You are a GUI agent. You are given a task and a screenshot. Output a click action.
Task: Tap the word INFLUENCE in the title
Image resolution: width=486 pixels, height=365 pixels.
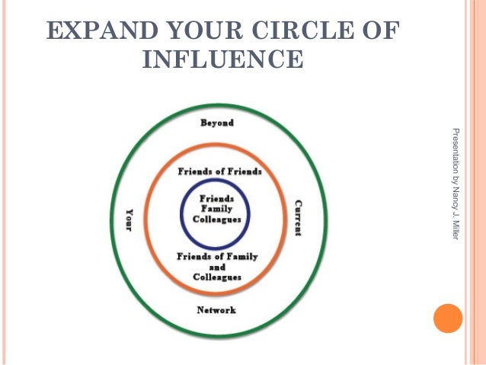(222, 58)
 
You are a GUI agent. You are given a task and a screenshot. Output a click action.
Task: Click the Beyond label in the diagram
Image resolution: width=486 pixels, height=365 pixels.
(216, 123)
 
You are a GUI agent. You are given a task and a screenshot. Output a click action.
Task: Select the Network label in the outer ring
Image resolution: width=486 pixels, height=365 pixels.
(216, 310)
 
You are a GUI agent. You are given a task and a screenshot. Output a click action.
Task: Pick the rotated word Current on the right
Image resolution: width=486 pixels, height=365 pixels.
(298, 217)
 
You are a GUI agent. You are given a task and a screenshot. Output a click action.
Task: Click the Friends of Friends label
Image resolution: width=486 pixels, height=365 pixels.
(219, 171)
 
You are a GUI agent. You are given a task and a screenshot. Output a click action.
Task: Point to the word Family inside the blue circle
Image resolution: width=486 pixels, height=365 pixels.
(216, 208)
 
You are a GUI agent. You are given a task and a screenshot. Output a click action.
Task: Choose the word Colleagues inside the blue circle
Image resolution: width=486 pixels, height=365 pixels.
(216, 219)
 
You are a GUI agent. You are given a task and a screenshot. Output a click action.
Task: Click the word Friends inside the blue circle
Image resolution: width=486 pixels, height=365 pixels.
(216, 197)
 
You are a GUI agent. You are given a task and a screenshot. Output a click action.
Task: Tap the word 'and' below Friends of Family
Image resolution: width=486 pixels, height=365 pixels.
(216, 267)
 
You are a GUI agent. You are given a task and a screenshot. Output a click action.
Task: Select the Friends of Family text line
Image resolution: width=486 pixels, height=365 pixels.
(218, 257)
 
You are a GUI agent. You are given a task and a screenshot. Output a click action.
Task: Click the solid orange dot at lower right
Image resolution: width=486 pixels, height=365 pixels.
(448, 318)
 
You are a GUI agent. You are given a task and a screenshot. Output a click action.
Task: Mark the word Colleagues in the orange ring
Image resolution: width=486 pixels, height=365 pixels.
(216, 278)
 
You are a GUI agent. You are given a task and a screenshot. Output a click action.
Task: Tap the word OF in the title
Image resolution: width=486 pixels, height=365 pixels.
(381, 30)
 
